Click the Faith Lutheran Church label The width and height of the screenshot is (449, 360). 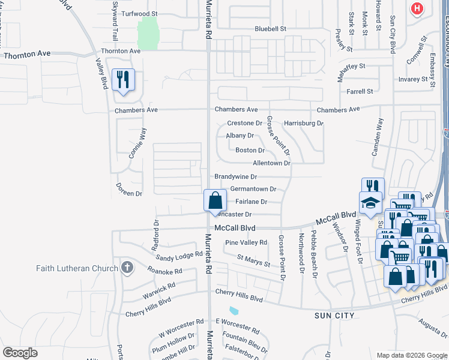[x=77, y=268]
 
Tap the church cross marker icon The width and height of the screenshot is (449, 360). [x=127, y=268]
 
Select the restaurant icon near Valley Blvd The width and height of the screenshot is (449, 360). [x=123, y=80]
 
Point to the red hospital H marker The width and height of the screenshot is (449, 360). [x=416, y=9]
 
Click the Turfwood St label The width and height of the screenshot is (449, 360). [x=139, y=13]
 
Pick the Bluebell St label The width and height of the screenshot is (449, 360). [x=271, y=28]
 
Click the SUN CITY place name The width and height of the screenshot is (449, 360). [x=335, y=315]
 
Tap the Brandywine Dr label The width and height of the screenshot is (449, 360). [x=236, y=177]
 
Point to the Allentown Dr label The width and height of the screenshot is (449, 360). [x=271, y=163]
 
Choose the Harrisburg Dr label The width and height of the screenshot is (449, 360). [x=304, y=123]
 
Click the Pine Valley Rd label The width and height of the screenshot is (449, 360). [x=246, y=242]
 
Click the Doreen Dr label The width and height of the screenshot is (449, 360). [x=129, y=193]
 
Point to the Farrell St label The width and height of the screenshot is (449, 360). [x=360, y=91]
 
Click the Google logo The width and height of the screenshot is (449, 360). [x=20, y=353]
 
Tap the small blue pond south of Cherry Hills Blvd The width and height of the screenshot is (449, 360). [x=234, y=311]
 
